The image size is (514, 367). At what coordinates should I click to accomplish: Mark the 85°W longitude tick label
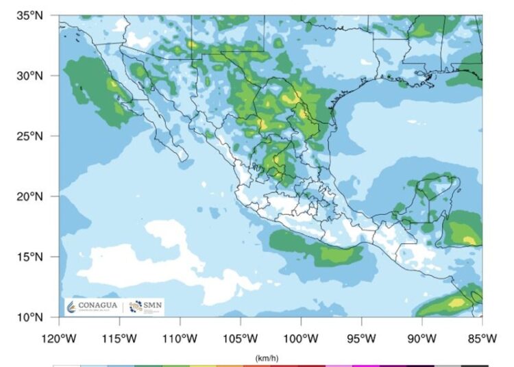tap(482, 338)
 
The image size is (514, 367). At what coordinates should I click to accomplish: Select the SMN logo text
tap(154, 305)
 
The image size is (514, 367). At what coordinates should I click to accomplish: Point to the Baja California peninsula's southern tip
tap(184, 159)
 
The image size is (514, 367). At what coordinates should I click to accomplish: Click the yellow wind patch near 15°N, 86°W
tap(470, 240)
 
